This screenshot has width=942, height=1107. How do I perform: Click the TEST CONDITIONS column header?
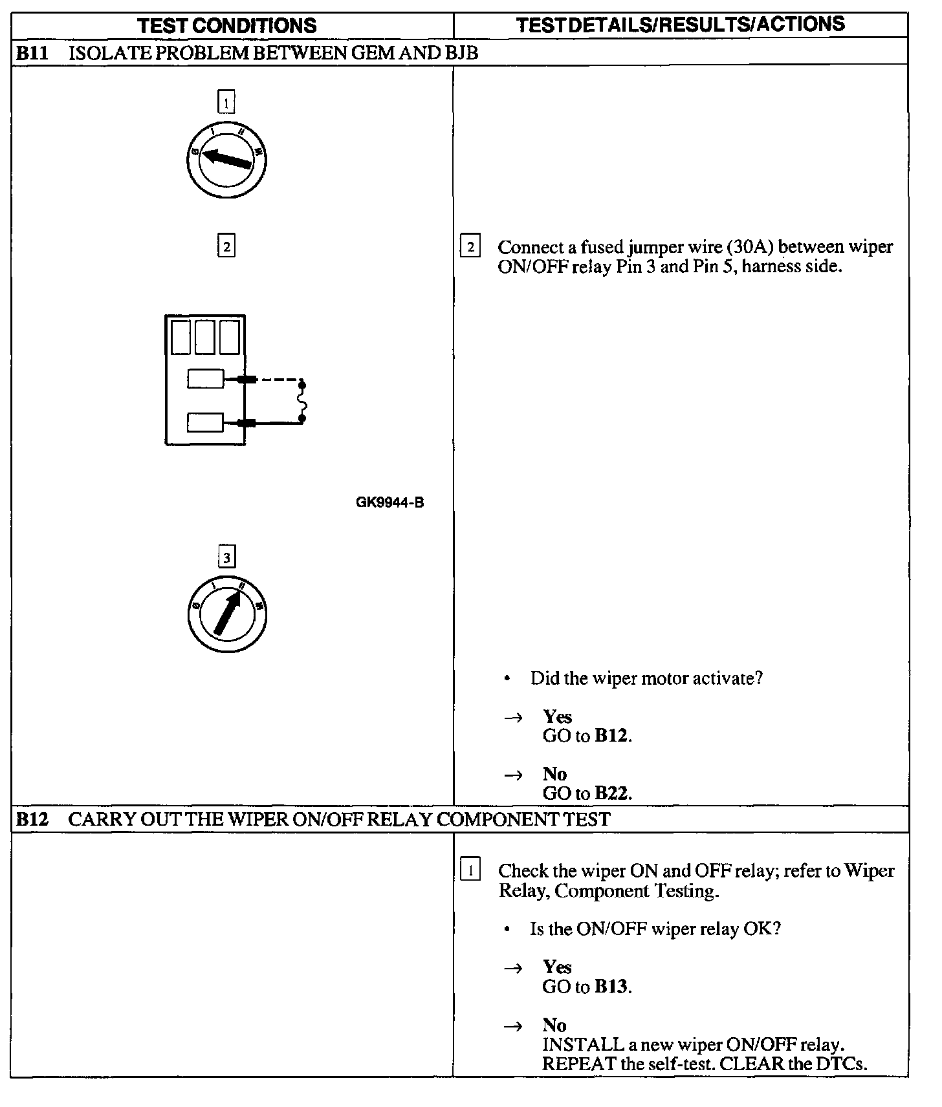(227, 26)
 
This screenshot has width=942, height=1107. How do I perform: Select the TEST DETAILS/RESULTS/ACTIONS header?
(681, 25)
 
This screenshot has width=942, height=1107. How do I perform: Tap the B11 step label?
(32, 53)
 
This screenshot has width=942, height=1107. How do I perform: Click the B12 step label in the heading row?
(32, 819)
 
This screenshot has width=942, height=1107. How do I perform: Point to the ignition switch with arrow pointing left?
(226, 159)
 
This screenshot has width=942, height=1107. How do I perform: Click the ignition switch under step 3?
(226, 614)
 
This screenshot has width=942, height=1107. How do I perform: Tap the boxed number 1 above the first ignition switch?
(226, 102)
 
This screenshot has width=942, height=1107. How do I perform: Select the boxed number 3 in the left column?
(226, 557)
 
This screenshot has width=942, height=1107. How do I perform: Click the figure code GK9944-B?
(389, 502)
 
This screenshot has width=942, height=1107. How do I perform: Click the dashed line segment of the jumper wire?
(279, 380)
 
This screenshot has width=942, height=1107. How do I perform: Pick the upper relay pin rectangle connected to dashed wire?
(205, 379)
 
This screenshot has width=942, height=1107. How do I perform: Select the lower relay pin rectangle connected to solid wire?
(205, 423)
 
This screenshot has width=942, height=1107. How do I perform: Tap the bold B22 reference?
(611, 793)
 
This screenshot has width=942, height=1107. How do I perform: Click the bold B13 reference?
(611, 986)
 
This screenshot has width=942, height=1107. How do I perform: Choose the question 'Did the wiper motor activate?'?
(646, 678)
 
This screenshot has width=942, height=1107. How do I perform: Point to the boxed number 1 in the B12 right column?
(470, 870)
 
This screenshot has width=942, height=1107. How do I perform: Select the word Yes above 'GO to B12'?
(557, 716)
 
